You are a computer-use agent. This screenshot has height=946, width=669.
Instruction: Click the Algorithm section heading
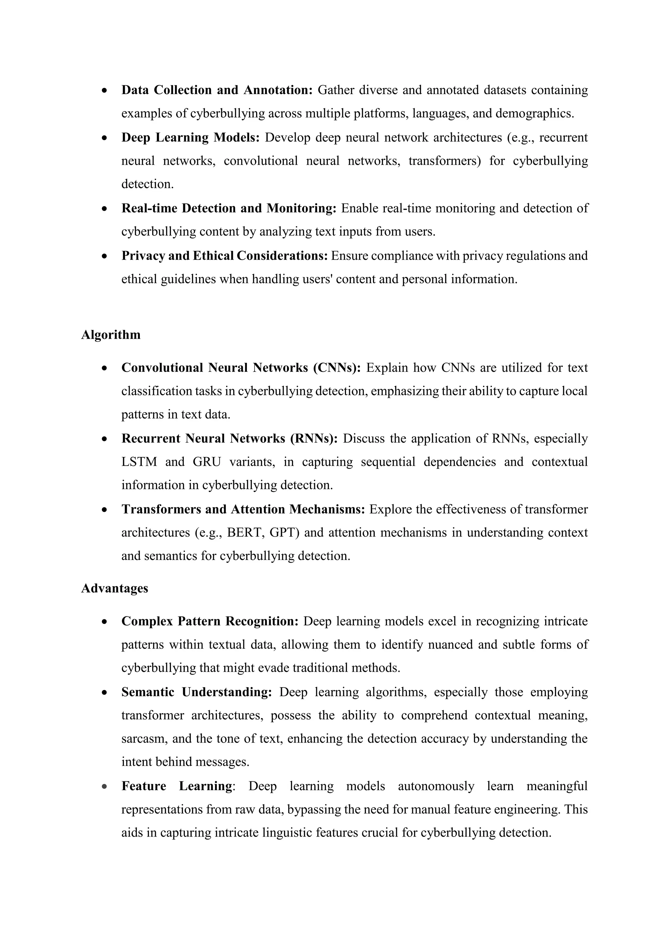pos(110,334)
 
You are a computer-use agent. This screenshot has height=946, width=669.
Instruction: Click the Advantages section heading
pos(115,588)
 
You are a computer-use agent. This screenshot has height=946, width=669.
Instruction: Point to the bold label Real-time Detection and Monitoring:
pos(229,208)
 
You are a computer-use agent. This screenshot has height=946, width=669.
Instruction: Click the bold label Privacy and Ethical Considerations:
pos(224,255)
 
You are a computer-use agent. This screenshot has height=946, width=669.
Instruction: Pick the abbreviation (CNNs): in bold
pos(336,367)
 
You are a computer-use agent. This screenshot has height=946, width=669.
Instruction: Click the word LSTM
pos(139,462)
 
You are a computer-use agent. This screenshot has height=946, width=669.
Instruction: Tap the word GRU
pos(207,462)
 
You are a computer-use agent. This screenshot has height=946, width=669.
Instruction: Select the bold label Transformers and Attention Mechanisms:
pos(243,509)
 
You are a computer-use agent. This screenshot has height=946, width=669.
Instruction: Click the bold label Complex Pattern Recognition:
pos(210,621)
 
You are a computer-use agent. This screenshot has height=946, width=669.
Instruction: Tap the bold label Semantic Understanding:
pos(197,692)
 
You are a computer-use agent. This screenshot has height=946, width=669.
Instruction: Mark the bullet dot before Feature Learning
pos(105,786)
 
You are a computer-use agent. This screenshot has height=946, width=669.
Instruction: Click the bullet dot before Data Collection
pos(105,90)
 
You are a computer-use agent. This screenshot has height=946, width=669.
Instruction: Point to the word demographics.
pos(534,113)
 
